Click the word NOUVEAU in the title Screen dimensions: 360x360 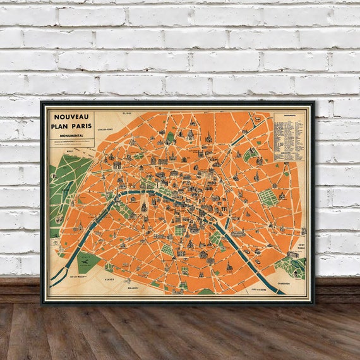point(71,116)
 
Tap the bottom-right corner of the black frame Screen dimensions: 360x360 point(314,304)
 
